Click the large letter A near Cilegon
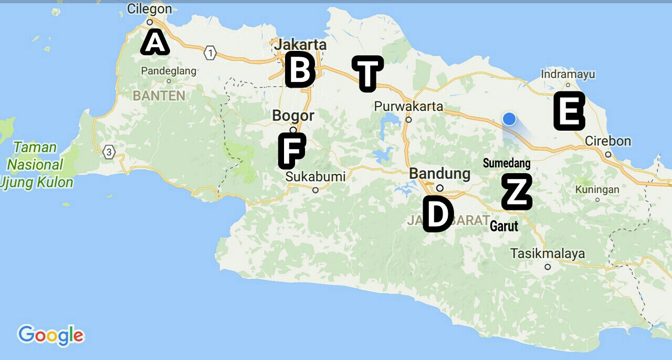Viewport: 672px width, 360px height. tap(154, 43)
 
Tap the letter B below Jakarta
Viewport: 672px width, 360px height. tap(300, 70)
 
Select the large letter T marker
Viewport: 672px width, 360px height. tap(367, 73)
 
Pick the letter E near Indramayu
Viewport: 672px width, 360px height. tap(569, 111)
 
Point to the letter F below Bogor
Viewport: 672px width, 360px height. tap(291, 151)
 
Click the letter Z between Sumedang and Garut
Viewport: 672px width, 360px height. tap(517, 192)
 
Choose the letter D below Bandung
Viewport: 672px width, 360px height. tap(438, 214)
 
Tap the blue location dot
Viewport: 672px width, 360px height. tap(509, 119)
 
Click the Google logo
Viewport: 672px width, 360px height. tap(51, 335)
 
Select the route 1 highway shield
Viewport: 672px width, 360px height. tap(211, 53)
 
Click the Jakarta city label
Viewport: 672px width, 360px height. tap(300, 45)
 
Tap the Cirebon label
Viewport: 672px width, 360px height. tap(608, 141)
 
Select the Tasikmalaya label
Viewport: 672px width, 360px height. tap(548, 254)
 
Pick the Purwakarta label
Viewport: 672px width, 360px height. tap(408, 107)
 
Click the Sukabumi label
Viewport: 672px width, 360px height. tap(316, 177)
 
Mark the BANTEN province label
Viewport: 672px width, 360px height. tap(159, 96)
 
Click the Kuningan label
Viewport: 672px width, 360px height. tap(597, 189)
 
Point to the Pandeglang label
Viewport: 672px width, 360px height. tap(169, 71)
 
